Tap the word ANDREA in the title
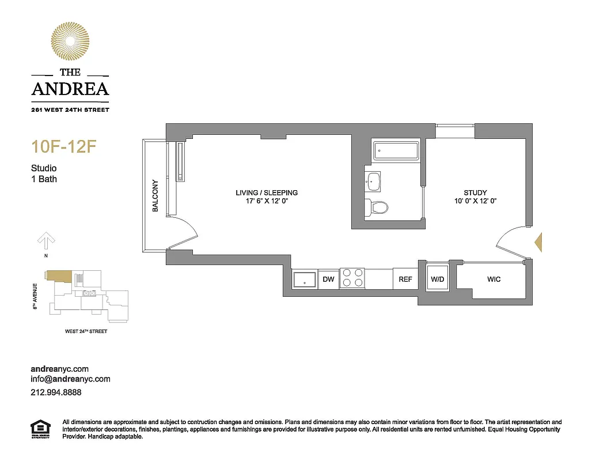coord(70,89)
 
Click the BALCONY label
coord(155,196)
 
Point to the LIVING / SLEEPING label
coord(267,193)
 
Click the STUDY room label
coord(475,193)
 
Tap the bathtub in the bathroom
coord(397,152)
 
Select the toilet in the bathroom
coord(378,206)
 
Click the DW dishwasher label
coord(328,279)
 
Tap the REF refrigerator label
coord(405,279)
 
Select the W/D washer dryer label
coord(438,279)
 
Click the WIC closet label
coord(493,279)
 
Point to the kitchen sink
coord(304,279)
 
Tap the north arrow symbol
coord(46,240)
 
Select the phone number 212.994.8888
coord(56,392)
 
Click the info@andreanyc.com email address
coord(70,379)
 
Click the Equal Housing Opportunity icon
coord(40,429)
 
